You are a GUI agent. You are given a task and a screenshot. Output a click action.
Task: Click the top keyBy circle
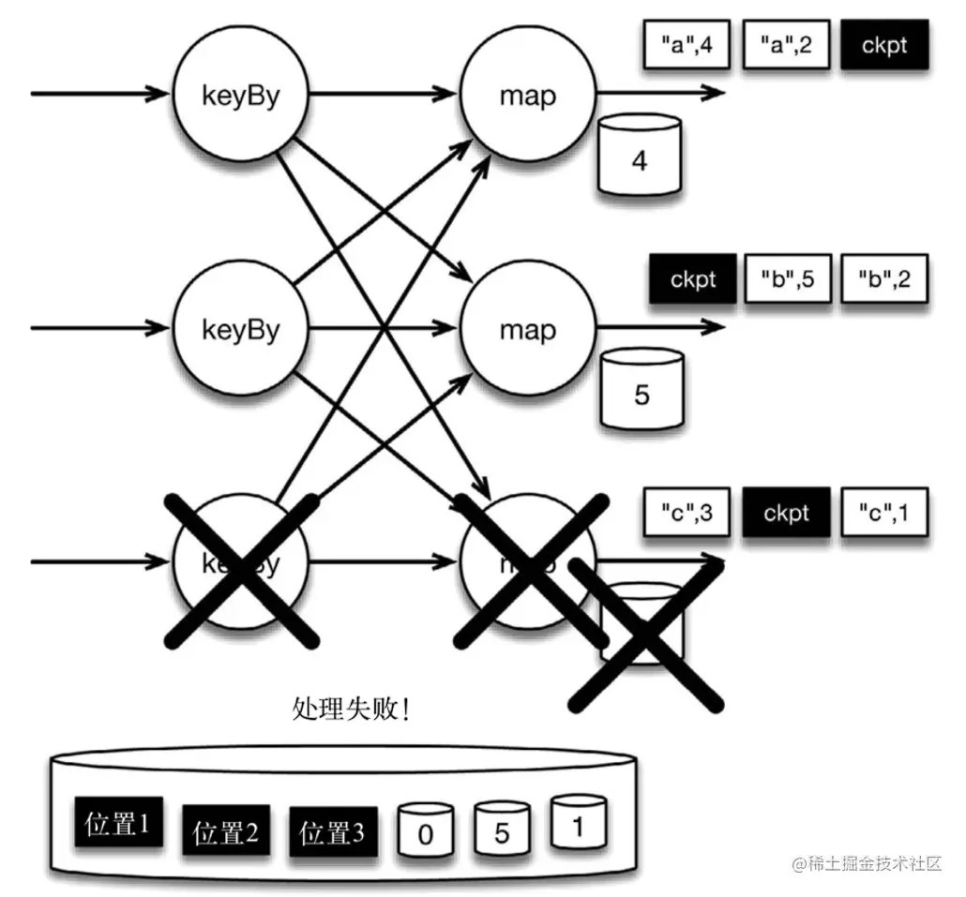(241, 95)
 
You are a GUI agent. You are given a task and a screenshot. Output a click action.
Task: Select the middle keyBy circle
(241, 329)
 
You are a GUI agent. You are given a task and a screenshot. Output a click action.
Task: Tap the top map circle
(527, 95)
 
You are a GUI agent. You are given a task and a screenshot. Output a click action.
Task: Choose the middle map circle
(527, 329)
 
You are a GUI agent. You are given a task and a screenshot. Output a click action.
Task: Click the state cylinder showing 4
(640, 156)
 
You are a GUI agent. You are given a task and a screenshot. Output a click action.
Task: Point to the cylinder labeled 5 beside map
(641, 389)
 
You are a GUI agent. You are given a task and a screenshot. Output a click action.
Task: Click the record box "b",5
(788, 279)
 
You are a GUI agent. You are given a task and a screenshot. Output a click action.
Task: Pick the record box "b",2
(885, 279)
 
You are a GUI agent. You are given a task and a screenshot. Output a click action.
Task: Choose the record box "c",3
(687, 513)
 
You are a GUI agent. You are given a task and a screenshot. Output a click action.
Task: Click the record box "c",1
(885, 513)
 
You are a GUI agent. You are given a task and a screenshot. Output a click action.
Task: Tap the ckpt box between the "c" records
(786, 513)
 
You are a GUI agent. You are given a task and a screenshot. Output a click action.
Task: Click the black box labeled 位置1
(116, 826)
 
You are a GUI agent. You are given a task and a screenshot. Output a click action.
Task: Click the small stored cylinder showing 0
(426, 830)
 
